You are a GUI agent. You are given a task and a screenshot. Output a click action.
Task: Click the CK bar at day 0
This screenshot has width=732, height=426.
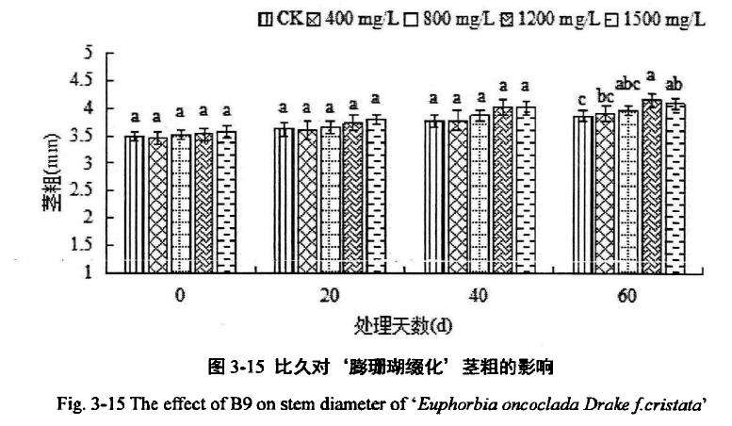tap(135, 204)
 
